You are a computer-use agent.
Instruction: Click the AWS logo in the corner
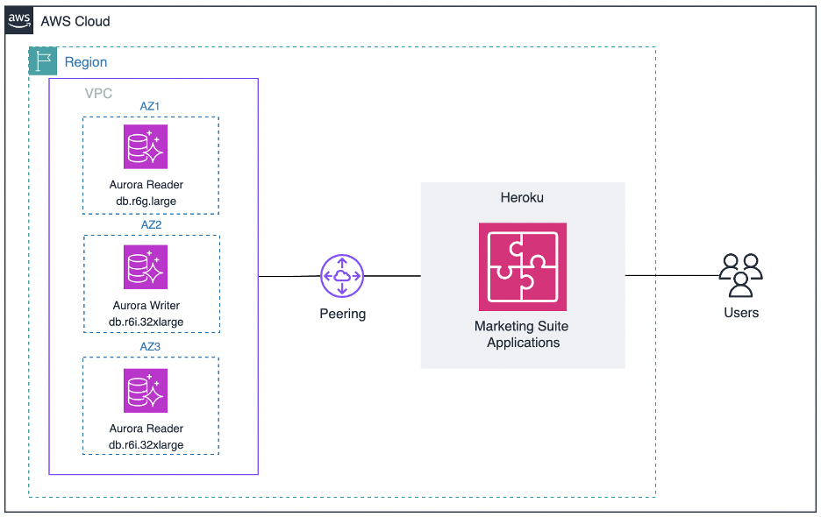point(19,20)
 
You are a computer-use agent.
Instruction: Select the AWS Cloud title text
point(75,21)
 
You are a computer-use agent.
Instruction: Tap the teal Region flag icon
point(43,61)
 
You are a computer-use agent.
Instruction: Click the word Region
point(86,62)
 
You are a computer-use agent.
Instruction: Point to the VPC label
point(98,93)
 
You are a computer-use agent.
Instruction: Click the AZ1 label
point(150,106)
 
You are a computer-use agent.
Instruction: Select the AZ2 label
point(151,224)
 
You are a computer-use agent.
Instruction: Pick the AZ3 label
point(151,346)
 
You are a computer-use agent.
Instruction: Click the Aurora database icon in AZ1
point(146,147)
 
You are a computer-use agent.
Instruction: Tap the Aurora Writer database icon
point(146,266)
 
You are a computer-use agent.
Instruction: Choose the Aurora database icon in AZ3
point(146,390)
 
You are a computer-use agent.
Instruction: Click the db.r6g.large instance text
point(146,201)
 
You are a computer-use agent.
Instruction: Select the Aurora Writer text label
point(146,306)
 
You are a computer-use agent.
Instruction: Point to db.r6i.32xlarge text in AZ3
point(146,444)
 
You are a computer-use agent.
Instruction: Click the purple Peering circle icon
point(342,276)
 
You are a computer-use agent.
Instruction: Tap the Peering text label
point(342,314)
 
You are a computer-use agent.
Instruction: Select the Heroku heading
point(522,198)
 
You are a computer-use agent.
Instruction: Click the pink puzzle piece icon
point(523,266)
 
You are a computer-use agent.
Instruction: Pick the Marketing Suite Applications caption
point(523,334)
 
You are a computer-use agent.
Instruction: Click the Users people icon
point(740,274)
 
